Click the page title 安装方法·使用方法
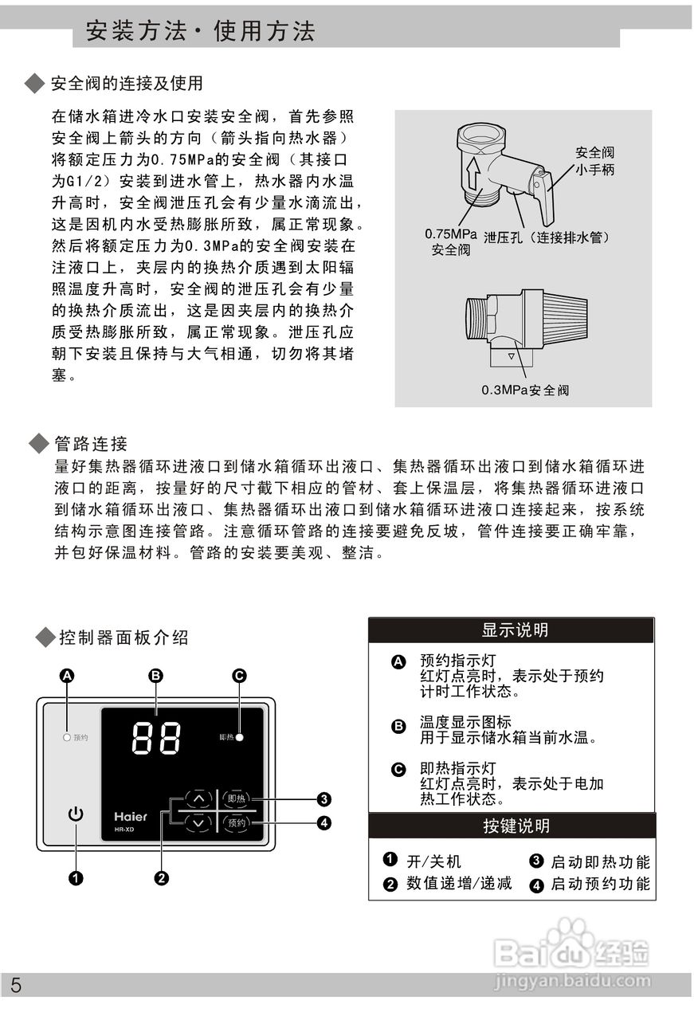coord(200,31)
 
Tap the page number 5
coord(16,986)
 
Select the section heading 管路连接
coord(91,443)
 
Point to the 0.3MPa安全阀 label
coord(525,390)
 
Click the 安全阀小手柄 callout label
coord(595,161)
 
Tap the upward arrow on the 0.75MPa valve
coord(472,171)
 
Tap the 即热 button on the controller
coord(237,798)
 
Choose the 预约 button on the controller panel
coord(237,823)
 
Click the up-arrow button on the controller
coord(198,798)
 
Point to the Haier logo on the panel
coord(130,817)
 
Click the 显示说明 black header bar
coord(511,630)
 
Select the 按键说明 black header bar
coord(512,826)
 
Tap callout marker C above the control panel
coord(239,676)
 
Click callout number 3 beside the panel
coord(324,798)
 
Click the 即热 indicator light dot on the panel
coord(239,737)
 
